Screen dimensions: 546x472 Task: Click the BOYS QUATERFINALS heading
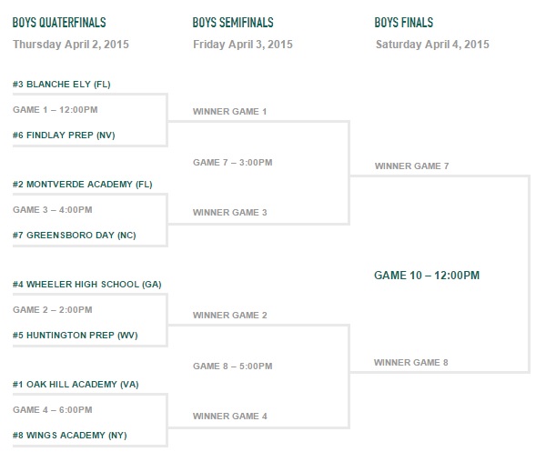(59, 23)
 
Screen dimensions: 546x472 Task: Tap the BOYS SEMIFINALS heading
(233, 23)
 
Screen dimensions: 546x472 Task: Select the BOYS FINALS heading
(404, 23)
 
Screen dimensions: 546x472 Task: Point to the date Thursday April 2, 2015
(71, 45)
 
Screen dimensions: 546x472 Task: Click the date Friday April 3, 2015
(243, 45)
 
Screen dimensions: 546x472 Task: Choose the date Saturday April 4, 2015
(432, 45)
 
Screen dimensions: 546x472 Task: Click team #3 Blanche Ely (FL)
(62, 85)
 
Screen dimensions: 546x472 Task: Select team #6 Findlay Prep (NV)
(64, 136)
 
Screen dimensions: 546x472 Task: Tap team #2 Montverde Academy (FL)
(83, 185)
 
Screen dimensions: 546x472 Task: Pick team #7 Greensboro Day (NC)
(75, 236)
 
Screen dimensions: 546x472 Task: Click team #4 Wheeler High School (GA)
(87, 285)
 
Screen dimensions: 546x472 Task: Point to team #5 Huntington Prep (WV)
(76, 336)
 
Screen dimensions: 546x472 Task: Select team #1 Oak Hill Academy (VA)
(76, 385)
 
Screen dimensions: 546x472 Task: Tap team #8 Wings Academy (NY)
(70, 436)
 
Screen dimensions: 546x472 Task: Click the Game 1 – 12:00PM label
(56, 110)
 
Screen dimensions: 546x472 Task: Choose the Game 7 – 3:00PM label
(233, 163)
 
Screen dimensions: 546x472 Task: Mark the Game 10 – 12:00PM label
(427, 276)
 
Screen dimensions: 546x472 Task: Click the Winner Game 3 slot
(230, 213)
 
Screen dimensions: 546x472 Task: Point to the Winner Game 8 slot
(411, 363)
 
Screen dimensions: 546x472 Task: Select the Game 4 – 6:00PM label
(53, 410)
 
